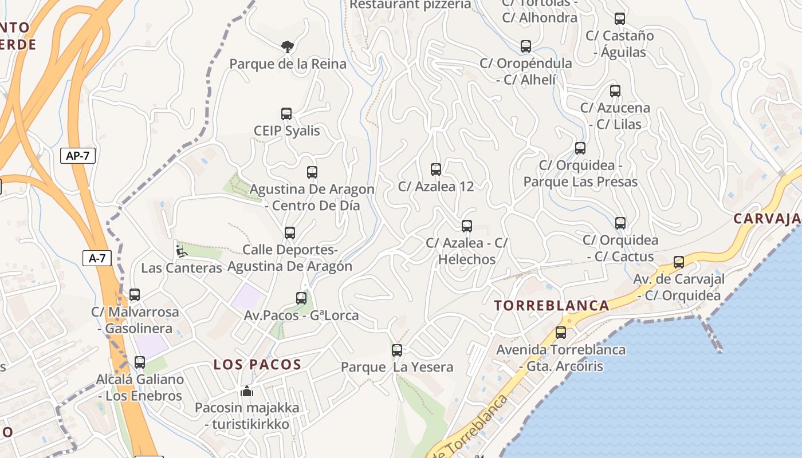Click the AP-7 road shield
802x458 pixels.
point(77,155)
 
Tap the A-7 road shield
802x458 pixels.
point(97,258)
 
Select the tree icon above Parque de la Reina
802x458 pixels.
point(287,46)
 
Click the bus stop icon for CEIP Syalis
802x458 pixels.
point(286,114)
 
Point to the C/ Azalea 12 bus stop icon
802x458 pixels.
point(436,169)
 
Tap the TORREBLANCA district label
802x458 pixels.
point(552,306)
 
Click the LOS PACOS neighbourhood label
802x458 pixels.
point(257,365)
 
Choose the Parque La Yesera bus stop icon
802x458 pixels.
point(397,350)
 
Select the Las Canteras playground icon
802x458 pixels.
point(181,251)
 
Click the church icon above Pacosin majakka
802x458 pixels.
point(247,391)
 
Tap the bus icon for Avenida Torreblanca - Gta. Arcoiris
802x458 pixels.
point(561,333)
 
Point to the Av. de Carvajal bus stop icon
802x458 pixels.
point(679,262)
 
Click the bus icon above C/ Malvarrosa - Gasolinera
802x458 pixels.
point(135,295)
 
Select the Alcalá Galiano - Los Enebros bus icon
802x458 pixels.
point(140,362)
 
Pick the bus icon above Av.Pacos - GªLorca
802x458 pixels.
point(301,298)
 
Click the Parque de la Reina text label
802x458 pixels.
point(288,64)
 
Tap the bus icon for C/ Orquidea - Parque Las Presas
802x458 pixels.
point(580,148)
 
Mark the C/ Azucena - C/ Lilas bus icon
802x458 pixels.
point(615,91)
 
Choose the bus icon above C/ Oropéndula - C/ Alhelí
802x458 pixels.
point(526,46)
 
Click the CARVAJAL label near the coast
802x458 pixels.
point(766,219)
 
